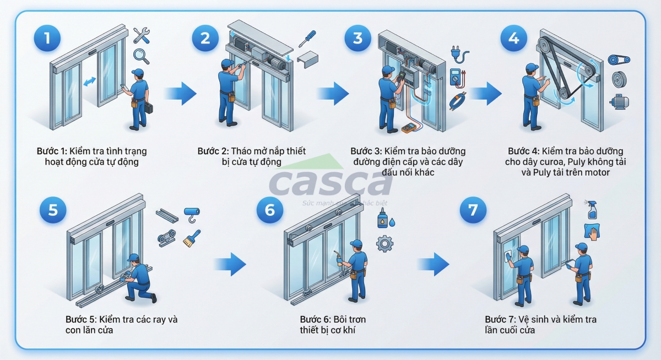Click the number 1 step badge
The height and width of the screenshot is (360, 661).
(x=47, y=38)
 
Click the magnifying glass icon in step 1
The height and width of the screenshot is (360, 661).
(x=141, y=56)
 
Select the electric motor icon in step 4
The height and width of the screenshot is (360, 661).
(x=619, y=101)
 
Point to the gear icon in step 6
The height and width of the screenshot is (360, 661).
(x=384, y=243)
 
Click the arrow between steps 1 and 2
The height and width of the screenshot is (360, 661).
(x=181, y=94)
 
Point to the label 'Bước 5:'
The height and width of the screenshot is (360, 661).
(x=82, y=319)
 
